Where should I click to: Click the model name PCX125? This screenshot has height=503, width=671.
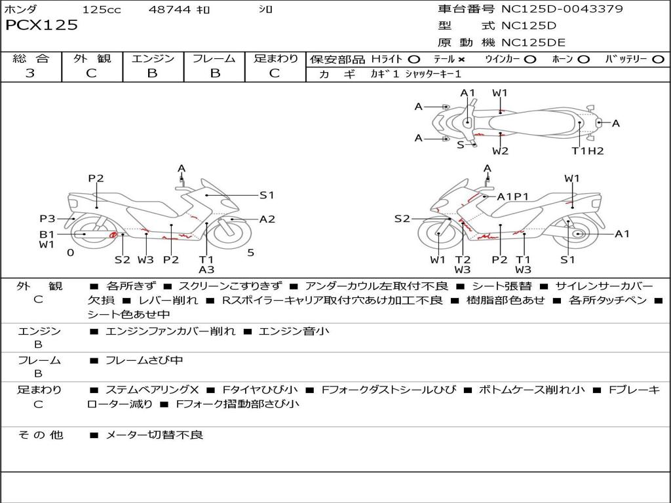click(41, 26)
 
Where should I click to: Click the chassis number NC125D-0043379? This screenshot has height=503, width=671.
click(562, 9)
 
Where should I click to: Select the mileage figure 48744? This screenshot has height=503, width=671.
click(169, 9)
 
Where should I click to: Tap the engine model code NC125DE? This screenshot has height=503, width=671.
click(533, 43)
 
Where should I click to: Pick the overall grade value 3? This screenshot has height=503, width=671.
click(30, 73)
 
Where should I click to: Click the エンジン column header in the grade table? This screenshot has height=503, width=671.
click(153, 58)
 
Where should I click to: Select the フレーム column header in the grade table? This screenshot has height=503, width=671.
click(214, 58)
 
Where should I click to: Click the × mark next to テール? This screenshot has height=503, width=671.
click(461, 60)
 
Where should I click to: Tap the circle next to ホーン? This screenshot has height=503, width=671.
click(583, 60)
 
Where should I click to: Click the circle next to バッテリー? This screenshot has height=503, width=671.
click(658, 60)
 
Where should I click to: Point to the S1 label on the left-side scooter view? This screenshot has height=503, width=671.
click(267, 195)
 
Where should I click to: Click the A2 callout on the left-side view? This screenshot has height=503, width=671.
click(267, 219)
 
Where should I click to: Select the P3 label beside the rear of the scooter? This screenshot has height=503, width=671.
click(47, 219)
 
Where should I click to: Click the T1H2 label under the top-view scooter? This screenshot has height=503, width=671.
click(588, 151)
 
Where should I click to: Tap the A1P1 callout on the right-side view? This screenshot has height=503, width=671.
click(512, 196)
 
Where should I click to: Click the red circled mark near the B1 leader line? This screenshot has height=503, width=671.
click(113, 234)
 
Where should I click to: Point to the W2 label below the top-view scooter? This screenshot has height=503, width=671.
click(500, 151)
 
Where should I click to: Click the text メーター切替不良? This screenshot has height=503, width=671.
click(154, 435)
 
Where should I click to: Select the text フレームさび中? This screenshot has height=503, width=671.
click(144, 361)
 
